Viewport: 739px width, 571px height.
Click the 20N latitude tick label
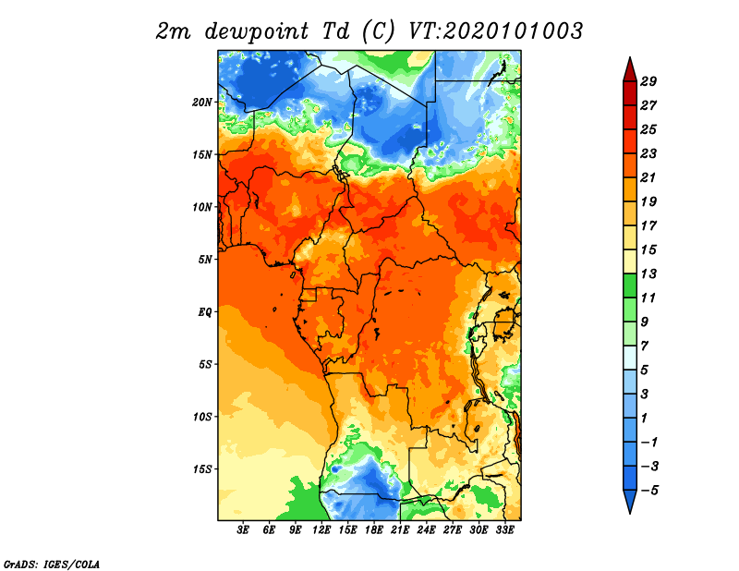(x=202, y=103)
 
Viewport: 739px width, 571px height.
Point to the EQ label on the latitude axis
(x=204, y=312)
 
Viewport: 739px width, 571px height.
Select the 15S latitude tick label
(x=202, y=469)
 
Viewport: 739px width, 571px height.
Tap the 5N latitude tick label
(x=205, y=260)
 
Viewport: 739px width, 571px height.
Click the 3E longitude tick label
(x=243, y=530)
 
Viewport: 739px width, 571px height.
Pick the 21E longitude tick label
(x=400, y=530)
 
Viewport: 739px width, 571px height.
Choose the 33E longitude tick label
(x=504, y=530)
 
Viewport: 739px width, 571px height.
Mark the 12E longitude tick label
(x=321, y=530)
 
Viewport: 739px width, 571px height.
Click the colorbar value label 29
(x=648, y=81)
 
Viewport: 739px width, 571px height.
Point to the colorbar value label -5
(x=649, y=491)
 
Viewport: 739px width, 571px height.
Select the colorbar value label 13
(x=648, y=273)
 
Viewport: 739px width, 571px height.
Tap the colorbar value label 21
(x=648, y=177)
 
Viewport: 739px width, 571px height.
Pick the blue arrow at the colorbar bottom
(x=630, y=501)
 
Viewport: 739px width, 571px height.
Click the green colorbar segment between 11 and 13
(x=630, y=285)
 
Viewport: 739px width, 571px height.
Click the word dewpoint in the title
(x=257, y=32)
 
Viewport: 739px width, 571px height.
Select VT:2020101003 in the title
(x=495, y=31)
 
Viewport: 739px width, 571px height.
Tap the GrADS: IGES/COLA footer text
(x=52, y=564)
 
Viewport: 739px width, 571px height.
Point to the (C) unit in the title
(x=378, y=31)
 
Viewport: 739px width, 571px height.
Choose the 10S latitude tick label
(x=202, y=418)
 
